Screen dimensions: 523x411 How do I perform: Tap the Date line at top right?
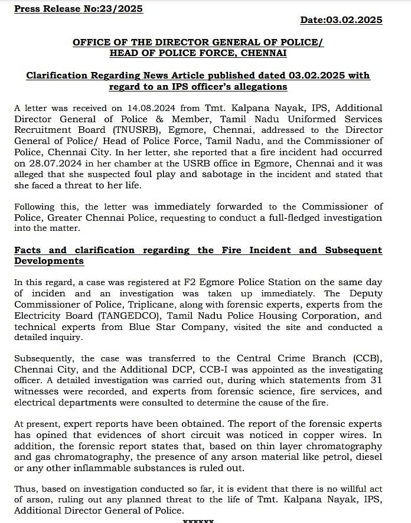tap(341, 20)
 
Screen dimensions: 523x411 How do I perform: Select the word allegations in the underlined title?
tap(259, 86)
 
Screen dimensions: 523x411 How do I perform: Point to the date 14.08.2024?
tap(142, 108)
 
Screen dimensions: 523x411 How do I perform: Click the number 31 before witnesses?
tap(376, 380)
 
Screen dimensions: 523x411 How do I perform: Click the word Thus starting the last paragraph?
tap(27, 489)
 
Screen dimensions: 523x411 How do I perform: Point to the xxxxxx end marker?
tap(198, 521)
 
